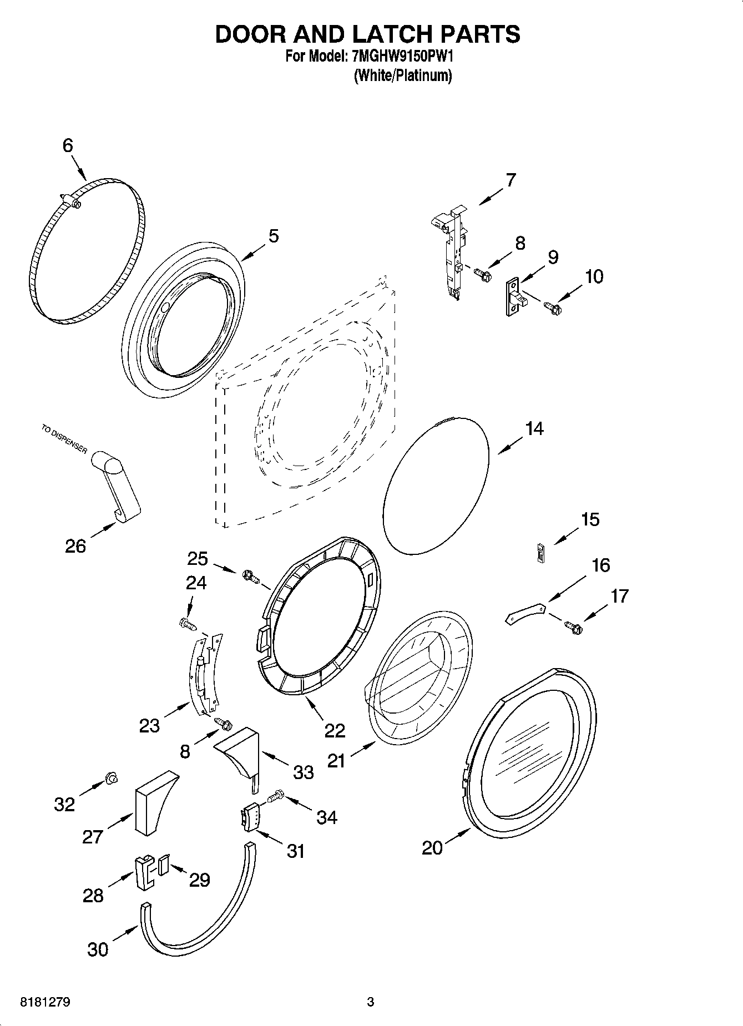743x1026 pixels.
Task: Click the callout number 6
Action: coord(68,145)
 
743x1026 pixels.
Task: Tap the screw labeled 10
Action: coord(553,306)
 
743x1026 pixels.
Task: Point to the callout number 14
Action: coord(534,428)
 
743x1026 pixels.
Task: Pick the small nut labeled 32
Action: coord(110,780)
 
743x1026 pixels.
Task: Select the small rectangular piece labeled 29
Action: coord(163,865)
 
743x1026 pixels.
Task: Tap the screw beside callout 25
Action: coord(251,577)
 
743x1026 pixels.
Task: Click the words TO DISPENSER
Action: coord(64,439)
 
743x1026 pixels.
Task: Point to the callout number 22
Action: coord(335,730)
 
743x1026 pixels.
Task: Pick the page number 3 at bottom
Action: coord(370,1002)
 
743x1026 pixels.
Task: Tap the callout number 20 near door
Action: coord(432,847)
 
